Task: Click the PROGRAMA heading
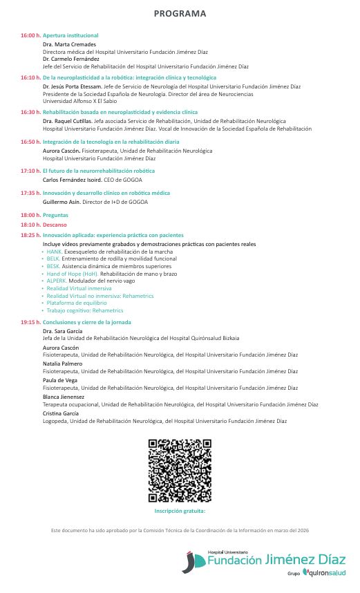[x=180, y=13]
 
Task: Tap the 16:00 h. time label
[x=30, y=35]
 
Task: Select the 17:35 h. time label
[x=30, y=193]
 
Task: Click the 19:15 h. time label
[x=30, y=322]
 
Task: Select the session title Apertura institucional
[x=70, y=35]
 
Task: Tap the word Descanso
[x=55, y=225]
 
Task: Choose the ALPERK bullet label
[x=57, y=281]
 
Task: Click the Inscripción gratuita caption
[x=180, y=511]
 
